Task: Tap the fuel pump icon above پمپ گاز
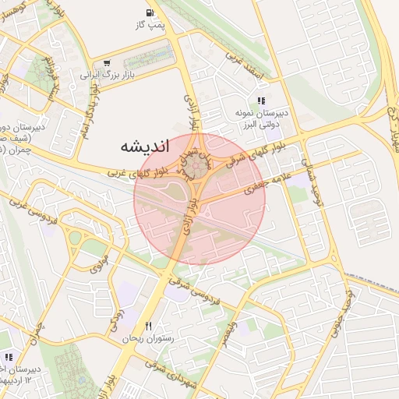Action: point(149,12)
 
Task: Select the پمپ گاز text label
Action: point(149,26)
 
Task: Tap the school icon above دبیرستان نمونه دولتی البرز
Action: point(261,101)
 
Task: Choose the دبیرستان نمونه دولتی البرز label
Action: point(262,118)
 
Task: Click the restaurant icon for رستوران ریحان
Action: point(148,326)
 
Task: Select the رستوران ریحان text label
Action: point(139,340)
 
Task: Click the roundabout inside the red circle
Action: point(200,163)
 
